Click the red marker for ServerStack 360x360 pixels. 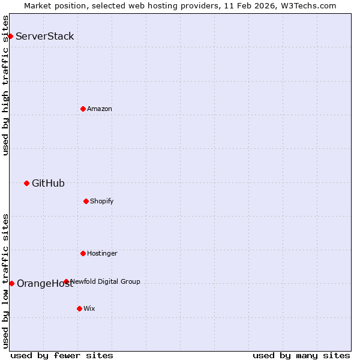click(10, 36)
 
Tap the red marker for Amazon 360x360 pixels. click(83, 109)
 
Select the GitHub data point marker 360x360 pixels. click(26, 183)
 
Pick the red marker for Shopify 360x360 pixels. click(86, 201)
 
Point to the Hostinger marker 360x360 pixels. click(83, 253)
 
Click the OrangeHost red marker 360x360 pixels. click(11, 283)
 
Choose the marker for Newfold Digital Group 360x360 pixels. click(66, 281)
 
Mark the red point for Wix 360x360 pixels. click(79, 308)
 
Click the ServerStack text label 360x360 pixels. click(45, 36)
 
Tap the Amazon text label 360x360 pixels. click(100, 109)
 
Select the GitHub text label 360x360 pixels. click(48, 183)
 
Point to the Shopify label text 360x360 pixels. click(102, 201)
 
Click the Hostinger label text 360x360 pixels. click(102, 253)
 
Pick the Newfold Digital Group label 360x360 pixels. click(106, 281)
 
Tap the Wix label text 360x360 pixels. click(89, 308)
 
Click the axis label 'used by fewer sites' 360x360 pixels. click(62, 355)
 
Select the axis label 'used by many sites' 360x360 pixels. click(301, 355)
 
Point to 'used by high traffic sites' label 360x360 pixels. click(5, 85)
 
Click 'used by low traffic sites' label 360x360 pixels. click(5, 280)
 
